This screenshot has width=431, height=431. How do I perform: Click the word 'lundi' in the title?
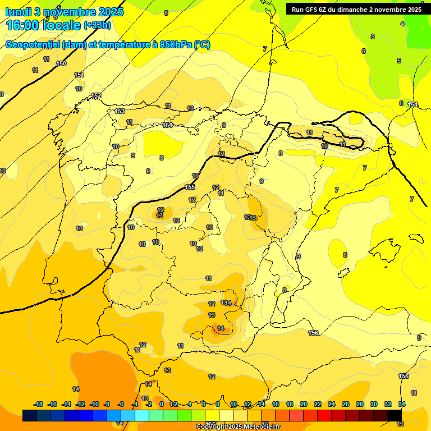19,11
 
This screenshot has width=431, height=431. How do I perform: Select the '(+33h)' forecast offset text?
97,25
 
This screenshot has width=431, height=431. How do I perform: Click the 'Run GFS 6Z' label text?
312,9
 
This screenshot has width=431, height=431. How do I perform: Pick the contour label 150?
61,63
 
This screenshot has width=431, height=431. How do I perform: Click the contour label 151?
79,75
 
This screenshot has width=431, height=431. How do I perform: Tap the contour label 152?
96,96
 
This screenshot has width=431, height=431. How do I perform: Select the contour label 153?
120,111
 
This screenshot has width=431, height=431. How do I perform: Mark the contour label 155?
190,187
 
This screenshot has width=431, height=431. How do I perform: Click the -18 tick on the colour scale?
38,404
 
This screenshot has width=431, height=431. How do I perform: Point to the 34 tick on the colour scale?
402,404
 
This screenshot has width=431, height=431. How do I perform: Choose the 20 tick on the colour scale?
304,404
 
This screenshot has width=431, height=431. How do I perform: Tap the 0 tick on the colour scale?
161,404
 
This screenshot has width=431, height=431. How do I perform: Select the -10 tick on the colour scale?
94,404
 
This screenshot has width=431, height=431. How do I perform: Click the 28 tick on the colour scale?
360,404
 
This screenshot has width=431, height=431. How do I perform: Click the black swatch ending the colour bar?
395,415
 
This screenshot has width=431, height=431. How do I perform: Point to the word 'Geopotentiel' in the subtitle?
33,44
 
